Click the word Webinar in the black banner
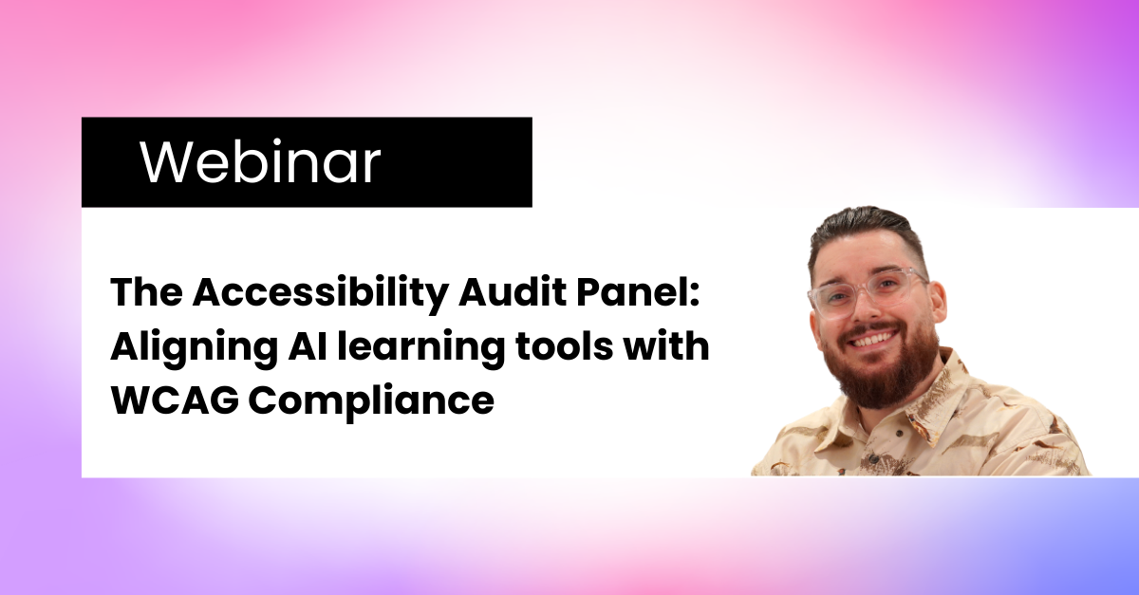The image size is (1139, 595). tap(260, 161)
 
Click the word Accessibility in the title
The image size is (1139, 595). tap(321, 294)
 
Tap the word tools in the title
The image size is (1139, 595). tap(564, 346)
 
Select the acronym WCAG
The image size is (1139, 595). tap(175, 400)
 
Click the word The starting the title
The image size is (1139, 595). tap(146, 293)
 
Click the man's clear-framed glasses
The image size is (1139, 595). tap(867, 292)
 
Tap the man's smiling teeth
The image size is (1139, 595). tap(870, 339)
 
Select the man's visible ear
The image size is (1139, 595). tap(937, 306)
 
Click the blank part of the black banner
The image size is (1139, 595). tap(457, 161)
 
